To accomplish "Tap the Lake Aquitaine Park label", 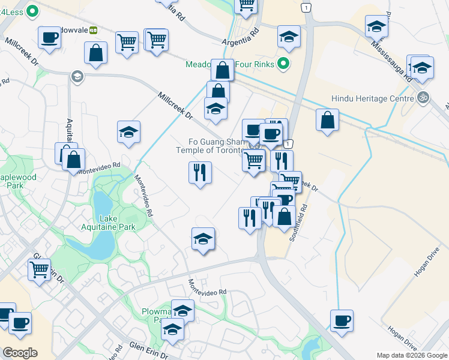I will point(109,223).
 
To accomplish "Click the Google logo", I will point(20,353).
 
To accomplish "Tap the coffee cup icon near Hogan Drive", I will point(342,320).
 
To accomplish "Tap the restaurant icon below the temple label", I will point(200,172).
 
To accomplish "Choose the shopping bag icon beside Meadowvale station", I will point(96,52).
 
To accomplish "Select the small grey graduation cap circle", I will point(77,76).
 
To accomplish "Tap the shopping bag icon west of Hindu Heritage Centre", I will point(327,119).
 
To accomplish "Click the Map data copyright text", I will point(412,355).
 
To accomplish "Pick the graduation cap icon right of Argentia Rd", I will point(289,37).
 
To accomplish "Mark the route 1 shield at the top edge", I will point(307,7).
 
